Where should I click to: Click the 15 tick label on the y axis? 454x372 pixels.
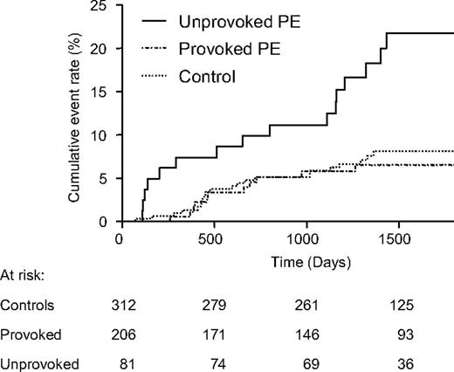pyautogui.click(x=103, y=93)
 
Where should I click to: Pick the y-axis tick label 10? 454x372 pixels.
pyautogui.click(x=103, y=135)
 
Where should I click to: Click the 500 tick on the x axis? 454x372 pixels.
pyautogui.click(x=212, y=238)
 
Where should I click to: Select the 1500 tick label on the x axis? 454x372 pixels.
pyautogui.click(x=397, y=238)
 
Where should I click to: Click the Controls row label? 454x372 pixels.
pyautogui.click(x=27, y=306)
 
